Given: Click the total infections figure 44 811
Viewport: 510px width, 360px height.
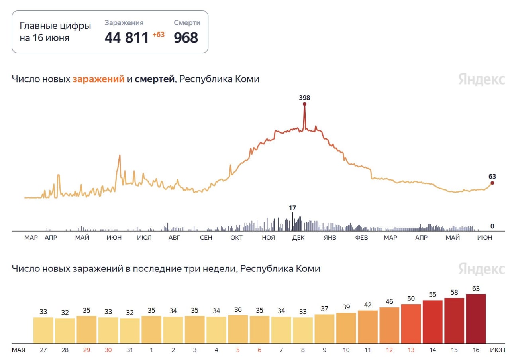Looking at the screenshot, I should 127,38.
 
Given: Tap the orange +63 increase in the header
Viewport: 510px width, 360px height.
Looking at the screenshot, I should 158,35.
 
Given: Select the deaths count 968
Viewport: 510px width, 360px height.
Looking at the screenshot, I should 186,38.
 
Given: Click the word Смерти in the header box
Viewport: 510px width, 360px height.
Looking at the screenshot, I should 187,23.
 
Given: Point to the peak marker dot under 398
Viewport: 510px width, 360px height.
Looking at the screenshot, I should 304,104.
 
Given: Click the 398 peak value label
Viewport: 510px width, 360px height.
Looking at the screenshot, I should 304,98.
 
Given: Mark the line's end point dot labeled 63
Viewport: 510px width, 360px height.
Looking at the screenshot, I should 492,183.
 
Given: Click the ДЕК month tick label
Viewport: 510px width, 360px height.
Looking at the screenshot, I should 298,238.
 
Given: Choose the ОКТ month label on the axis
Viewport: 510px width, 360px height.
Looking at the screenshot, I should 236,238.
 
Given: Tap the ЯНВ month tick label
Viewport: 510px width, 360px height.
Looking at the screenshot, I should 330,238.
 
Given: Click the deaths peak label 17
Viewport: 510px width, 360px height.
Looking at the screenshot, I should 292,208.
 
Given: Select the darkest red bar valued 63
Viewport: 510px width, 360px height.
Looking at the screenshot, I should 476,319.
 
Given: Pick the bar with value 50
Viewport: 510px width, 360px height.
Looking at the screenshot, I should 411,324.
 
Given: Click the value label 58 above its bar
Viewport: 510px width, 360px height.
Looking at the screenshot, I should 454,292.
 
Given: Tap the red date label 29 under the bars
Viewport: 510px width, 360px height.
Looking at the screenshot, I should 86,350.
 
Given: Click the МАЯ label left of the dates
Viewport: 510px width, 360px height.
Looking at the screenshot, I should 18,350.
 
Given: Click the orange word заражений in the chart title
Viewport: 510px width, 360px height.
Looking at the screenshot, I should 98,79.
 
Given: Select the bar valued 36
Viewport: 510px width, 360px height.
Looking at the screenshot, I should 238,329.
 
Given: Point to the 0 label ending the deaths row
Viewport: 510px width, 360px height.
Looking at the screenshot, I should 492,226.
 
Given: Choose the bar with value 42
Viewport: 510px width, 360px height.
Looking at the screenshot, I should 368,327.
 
